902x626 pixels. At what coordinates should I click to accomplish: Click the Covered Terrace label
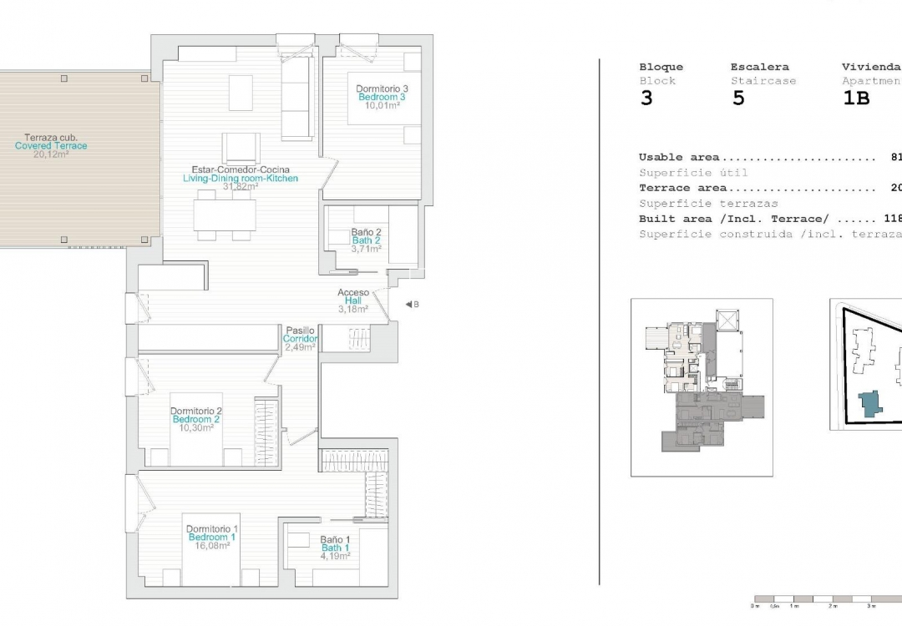pos(51,146)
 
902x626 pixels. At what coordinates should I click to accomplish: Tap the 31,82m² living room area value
pos(240,187)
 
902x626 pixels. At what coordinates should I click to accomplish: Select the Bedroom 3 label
pos(382,98)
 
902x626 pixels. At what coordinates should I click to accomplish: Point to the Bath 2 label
pos(366,240)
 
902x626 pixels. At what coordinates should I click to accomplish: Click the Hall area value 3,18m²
pos(353,309)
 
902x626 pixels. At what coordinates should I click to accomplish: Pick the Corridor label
pos(300,339)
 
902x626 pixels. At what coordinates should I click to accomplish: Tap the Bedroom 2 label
pos(196,419)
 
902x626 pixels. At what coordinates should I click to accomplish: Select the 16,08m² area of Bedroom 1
pos(212,546)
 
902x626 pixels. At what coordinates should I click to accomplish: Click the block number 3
pos(646,98)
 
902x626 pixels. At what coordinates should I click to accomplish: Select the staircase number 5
pos(737,98)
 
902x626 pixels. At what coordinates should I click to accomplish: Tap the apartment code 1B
pos(856,98)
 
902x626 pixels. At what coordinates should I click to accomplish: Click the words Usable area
pos(679,157)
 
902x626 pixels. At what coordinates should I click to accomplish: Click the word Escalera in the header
pos(759,67)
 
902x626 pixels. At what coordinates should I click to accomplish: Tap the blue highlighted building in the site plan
pos(872,404)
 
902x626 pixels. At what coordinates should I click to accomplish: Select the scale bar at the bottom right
pos(827,599)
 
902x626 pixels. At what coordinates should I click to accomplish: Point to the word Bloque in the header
pos(661,67)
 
